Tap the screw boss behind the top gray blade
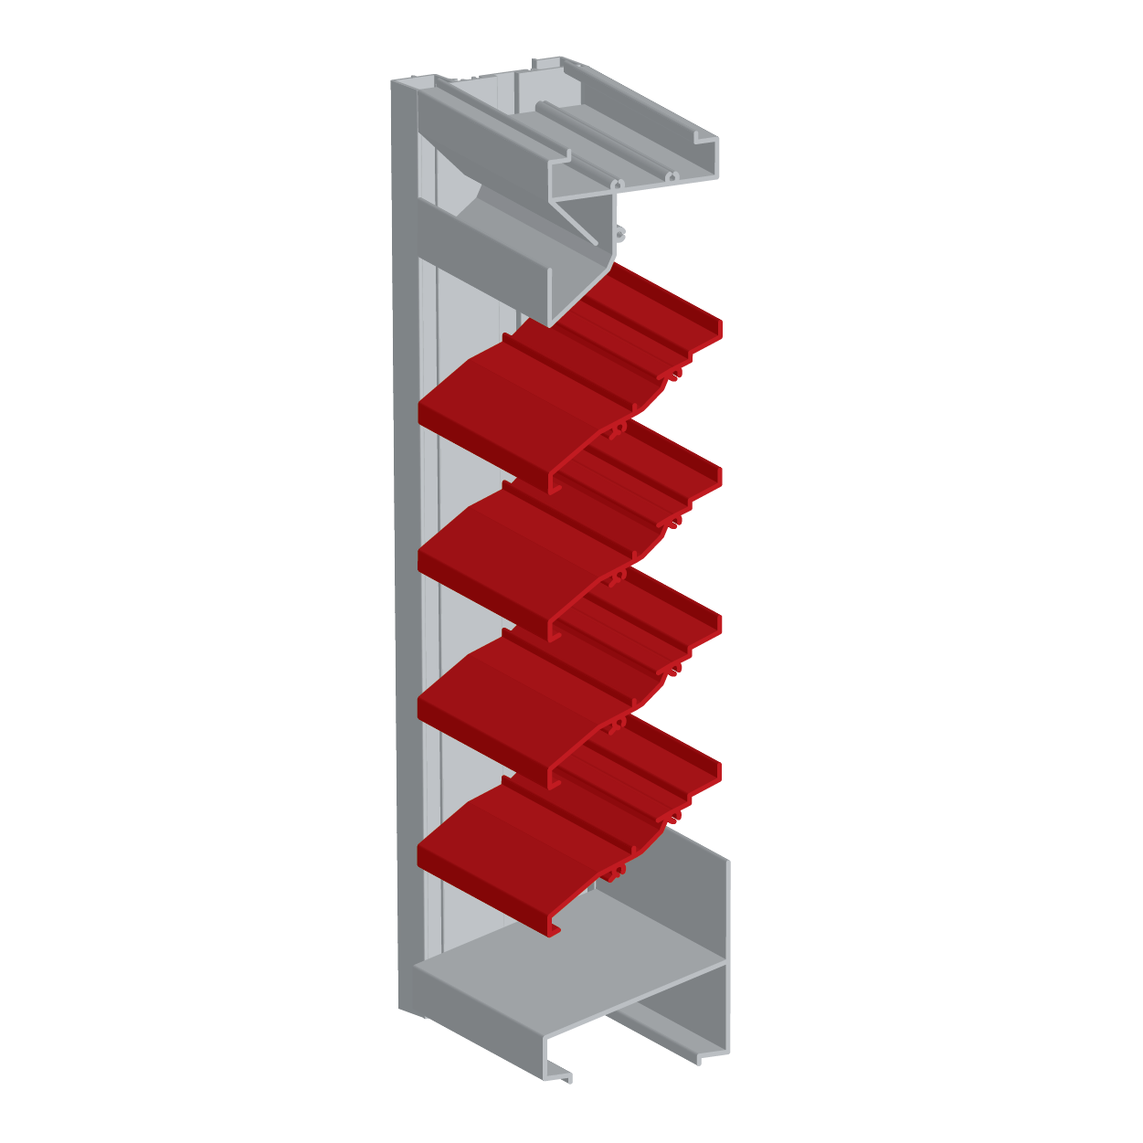621,232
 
